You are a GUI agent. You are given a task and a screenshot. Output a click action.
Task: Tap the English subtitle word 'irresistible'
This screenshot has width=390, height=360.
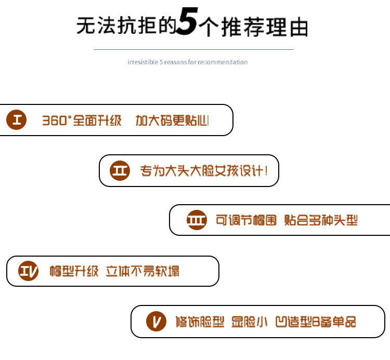142,62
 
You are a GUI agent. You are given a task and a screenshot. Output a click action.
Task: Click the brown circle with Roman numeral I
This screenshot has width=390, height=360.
17,121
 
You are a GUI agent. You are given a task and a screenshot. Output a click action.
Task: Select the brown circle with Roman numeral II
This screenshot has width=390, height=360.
120,171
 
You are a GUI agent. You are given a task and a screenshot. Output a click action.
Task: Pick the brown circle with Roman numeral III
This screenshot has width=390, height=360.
197,220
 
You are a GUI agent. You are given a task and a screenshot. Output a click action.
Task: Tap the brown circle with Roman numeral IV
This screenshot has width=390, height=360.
29,271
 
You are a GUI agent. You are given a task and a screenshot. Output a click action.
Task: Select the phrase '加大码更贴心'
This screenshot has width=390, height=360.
173,121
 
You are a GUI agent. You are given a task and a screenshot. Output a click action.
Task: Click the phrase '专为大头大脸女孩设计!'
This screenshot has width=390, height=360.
204,171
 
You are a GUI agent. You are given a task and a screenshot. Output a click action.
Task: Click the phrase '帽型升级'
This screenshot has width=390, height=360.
74,271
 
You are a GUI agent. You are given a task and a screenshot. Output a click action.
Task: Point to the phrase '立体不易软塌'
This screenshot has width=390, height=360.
143,271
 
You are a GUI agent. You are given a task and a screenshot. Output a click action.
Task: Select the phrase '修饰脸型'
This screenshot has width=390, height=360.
200,322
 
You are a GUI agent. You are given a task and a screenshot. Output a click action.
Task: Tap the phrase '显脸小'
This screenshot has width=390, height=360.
249,322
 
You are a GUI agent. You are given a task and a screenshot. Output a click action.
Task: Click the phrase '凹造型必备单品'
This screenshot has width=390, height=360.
315,322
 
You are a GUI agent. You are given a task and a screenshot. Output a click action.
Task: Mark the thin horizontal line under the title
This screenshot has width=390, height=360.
193,49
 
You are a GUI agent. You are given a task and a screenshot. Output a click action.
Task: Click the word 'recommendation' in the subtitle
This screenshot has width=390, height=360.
224,62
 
